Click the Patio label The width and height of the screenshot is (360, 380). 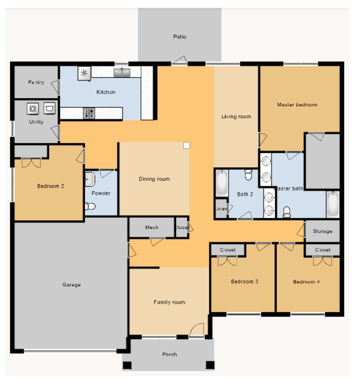tap(180, 37)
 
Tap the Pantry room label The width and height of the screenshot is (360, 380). tap(36, 82)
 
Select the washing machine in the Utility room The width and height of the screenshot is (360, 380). tap(33, 107)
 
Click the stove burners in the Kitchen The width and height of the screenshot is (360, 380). tap(89, 113)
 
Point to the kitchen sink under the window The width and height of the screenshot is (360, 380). tap(122, 73)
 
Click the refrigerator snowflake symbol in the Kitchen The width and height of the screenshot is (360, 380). tap(84, 74)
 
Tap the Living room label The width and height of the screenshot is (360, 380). tap(236, 117)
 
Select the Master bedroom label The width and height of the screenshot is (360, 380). tap(297, 105)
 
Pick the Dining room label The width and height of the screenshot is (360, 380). tap(154, 179)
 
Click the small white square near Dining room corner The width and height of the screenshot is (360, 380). tap(186, 145)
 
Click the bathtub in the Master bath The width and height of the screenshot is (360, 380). tap(332, 204)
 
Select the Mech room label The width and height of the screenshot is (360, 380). tap(151, 228)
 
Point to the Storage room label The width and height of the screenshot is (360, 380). tap(323, 231)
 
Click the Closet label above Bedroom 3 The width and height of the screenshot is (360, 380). tap(227, 250)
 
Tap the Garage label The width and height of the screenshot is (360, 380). tap(71, 285)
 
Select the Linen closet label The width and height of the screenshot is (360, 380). tap(221, 209)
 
